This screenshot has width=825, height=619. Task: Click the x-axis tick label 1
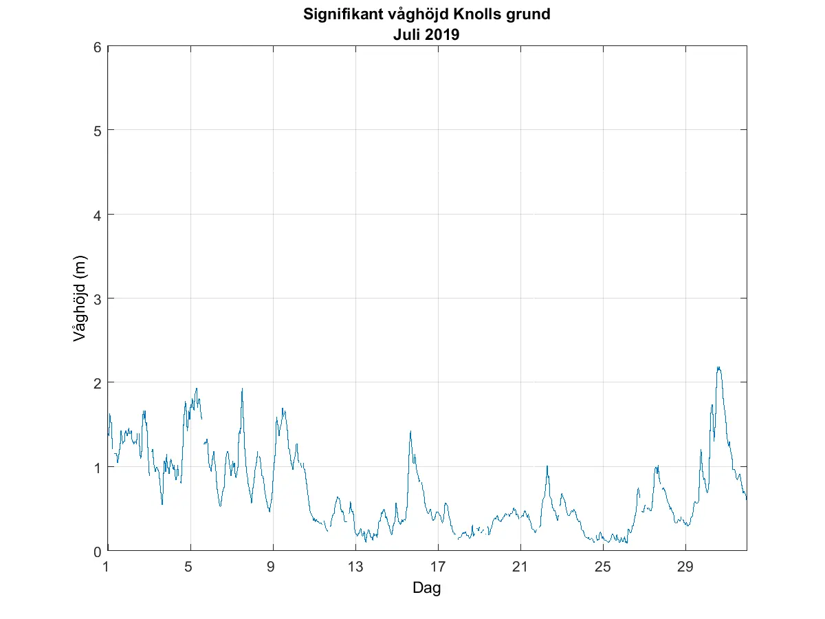pyautogui.click(x=106, y=567)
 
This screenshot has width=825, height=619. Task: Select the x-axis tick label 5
pyautogui.click(x=189, y=567)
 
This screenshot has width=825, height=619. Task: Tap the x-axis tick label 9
pyautogui.click(x=272, y=567)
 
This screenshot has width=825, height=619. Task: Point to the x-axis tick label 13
pyautogui.click(x=355, y=567)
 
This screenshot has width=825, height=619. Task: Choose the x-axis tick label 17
pyautogui.click(x=437, y=567)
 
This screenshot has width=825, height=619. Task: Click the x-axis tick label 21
pyautogui.click(x=520, y=567)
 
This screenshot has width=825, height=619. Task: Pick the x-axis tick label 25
pyautogui.click(x=602, y=567)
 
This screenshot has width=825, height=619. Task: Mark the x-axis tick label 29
pyautogui.click(x=685, y=567)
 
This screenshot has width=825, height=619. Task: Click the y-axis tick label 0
pyautogui.click(x=98, y=551)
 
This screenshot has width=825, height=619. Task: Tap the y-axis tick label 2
pyautogui.click(x=98, y=382)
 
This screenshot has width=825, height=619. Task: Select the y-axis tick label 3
pyautogui.click(x=98, y=298)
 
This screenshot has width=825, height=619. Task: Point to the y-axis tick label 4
pyautogui.click(x=98, y=215)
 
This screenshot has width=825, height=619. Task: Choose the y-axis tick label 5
pyautogui.click(x=98, y=131)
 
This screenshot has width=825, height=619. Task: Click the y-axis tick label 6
pyautogui.click(x=98, y=47)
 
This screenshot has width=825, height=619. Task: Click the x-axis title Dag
pyautogui.click(x=426, y=588)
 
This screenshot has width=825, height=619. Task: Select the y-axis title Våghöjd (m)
pyautogui.click(x=80, y=298)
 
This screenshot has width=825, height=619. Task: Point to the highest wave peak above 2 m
pyautogui.click(x=718, y=367)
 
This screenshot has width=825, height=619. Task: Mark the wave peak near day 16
pyautogui.click(x=410, y=431)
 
